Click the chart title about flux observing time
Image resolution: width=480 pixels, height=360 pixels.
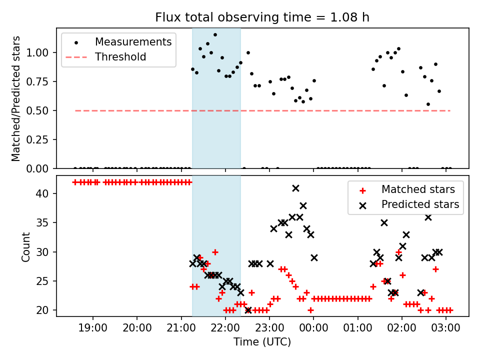(262, 18)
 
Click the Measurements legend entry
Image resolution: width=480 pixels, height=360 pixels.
(133, 42)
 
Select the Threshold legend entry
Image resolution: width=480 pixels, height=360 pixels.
(120, 57)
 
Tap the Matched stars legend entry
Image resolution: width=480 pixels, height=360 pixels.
(418, 189)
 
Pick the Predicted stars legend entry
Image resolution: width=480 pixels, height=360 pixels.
(420, 204)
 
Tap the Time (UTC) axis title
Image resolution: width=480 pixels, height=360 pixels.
(262, 342)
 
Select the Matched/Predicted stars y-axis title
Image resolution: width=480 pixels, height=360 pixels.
(16, 98)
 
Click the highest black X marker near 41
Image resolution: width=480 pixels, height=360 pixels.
(295, 188)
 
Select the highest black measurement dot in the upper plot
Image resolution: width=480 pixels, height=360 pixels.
(215, 35)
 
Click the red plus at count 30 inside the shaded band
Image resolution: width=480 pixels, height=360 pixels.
(215, 252)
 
